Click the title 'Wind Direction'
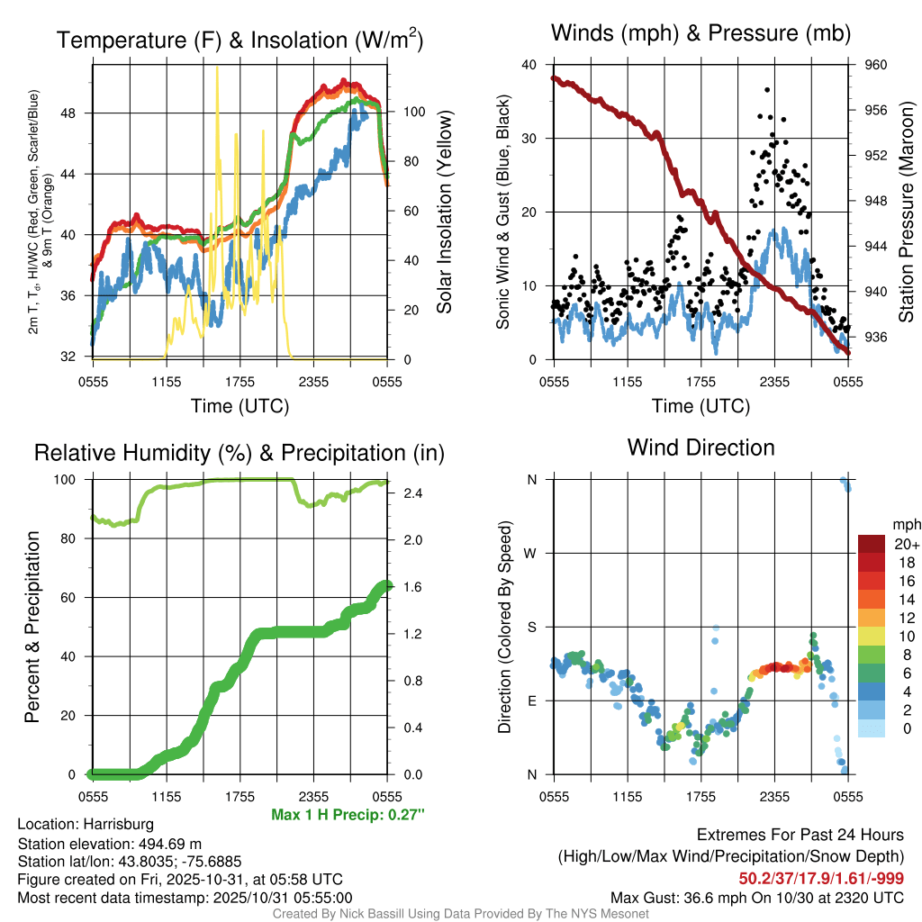[701, 447]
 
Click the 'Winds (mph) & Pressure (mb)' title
[701, 34]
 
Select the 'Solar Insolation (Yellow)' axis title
[444, 212]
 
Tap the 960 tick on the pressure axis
[876, 65]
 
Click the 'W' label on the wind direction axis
[531, 553]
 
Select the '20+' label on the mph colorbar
[906, 544]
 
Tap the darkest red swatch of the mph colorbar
[871, 544]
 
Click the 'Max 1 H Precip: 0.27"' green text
[347, 815]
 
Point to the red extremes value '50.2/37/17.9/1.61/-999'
[821, 878]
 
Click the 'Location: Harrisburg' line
[86, 824]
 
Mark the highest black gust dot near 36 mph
[766, 90]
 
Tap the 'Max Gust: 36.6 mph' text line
[756, 897]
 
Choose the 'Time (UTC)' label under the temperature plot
[240, 406]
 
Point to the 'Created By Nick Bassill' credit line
[460, 914]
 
